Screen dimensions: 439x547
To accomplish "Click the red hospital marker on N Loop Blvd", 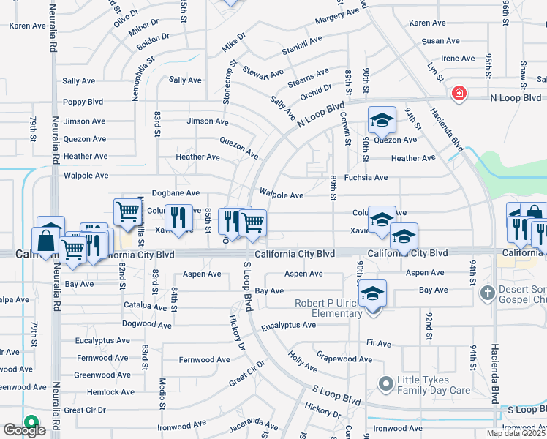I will click(x=459, y=94).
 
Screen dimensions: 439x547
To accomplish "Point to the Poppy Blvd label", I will click(x=83, y=102).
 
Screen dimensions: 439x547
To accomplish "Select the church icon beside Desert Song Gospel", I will click(x=488, y=293).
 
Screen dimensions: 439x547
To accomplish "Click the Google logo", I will click(x=23, y=430).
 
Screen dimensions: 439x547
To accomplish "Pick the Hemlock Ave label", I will click(x=110, y=392).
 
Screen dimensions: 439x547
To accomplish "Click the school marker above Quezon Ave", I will click(x=382, y=120).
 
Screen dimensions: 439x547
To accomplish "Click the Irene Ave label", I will click(x=459, y=59).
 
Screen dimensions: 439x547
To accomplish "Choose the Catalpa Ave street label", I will click(x=146, y=305).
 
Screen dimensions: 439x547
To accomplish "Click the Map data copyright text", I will click(x=516, y=433).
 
